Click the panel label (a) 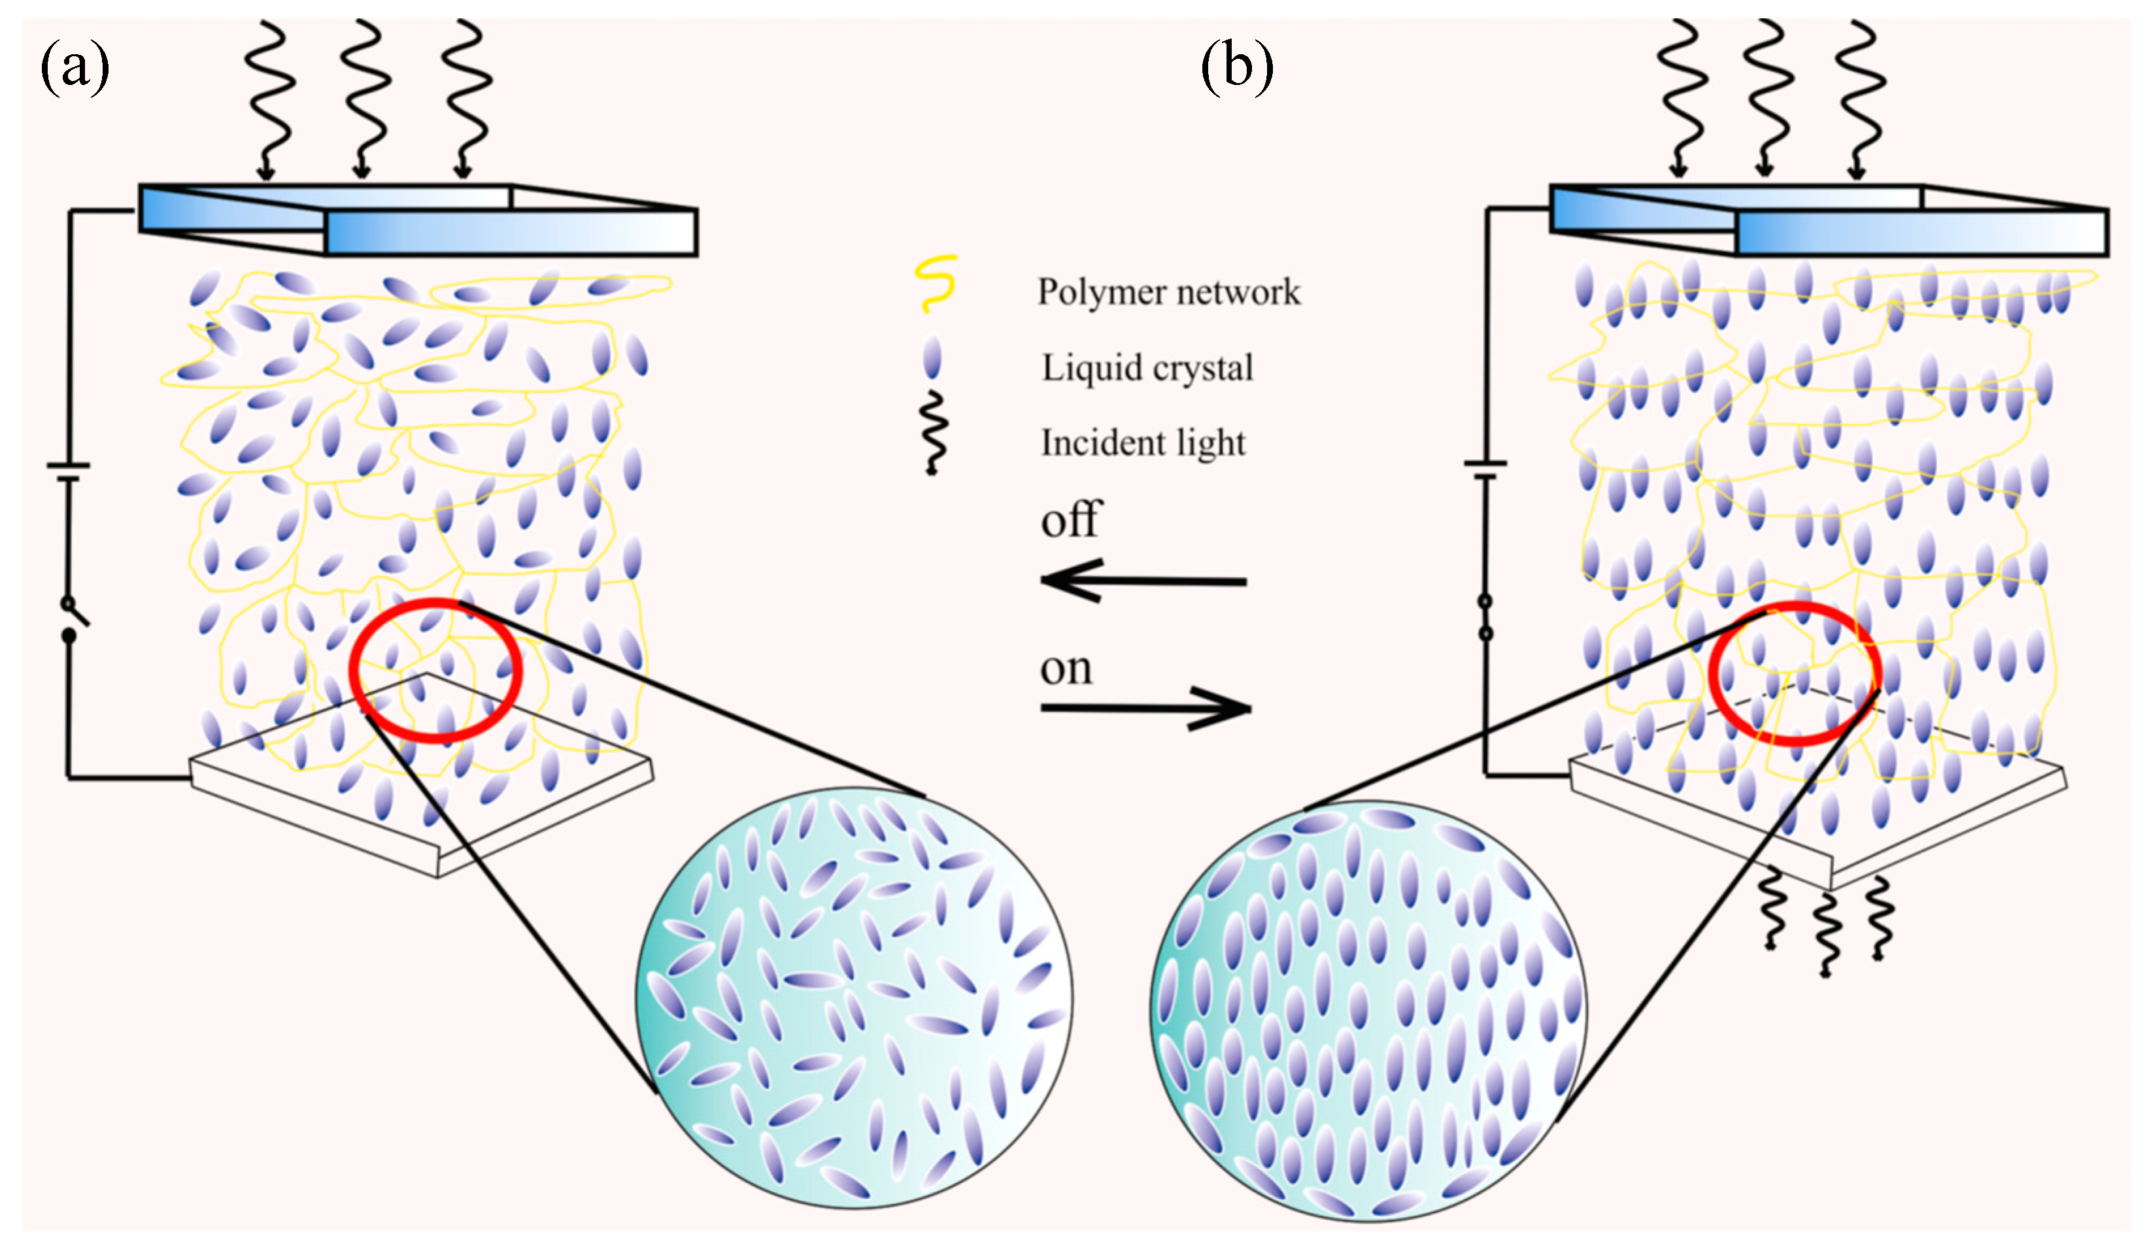75,68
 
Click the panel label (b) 1236,68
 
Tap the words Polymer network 1168,292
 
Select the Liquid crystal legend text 1147,368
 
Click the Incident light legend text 1143,443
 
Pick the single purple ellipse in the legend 932,356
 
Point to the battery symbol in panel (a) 68,473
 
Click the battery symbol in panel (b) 1485,471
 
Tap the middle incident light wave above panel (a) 365,98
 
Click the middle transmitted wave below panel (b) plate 1825,933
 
